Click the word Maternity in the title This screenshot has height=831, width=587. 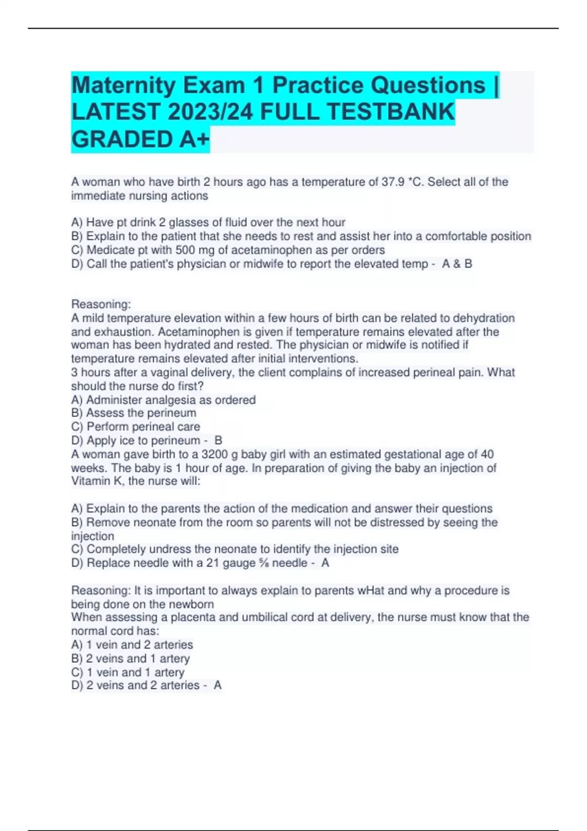tap(123, 86)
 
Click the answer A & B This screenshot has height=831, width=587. tap(457, 264)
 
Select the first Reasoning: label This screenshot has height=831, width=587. tap(101, 304)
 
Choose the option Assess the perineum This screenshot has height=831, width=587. tap(141, 413)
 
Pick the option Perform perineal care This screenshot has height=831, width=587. tap(143, 427)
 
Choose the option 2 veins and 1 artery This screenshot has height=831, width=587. tap(137, 658)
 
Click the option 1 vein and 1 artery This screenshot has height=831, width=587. tap(135, 672)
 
